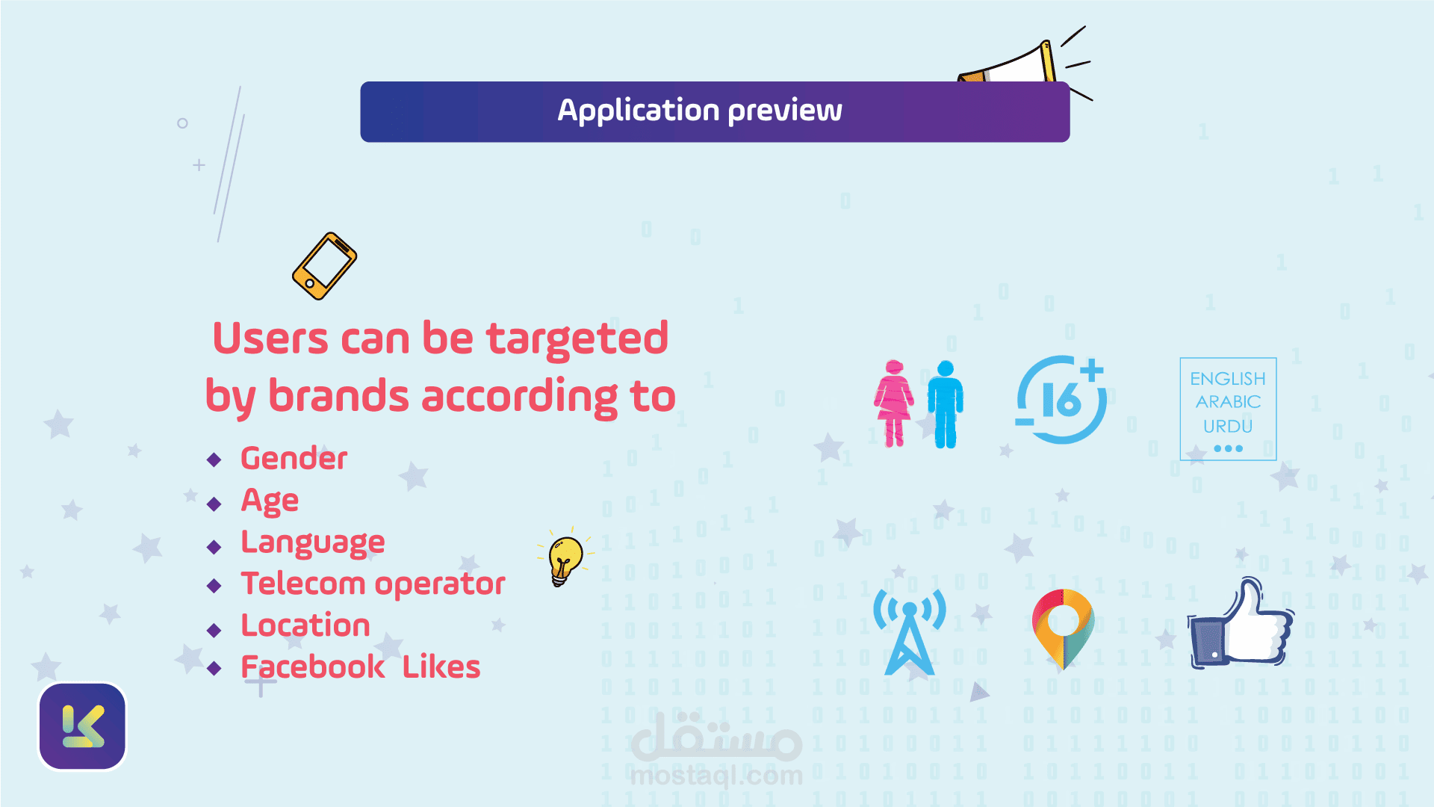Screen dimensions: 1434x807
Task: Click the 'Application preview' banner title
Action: click(x=700, y=111)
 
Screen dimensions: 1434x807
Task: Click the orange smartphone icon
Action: click(x=324, y=266)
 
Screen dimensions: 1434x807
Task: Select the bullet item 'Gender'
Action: click(x=294, y=458)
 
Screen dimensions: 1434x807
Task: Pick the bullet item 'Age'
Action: click(x=270, y=501)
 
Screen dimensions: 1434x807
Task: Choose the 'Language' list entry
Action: click(x=312, y=542)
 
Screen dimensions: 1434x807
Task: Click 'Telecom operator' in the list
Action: click(x=373, y=584)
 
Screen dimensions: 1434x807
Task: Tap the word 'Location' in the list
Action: click(x=305, y=625)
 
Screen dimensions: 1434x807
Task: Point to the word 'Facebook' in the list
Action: click(x=312, y=667)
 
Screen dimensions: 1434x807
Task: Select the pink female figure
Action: click(x=893, y=403)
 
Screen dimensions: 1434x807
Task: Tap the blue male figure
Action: click(x=946, y=404)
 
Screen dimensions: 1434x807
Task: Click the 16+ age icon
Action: click(x=1061, y=400)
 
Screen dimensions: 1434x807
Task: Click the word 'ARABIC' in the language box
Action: click(x=1228, y=402)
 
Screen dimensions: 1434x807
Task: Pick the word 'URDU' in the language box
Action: click(x=1228, y=426)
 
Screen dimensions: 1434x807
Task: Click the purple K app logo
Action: click(x=82, y=726)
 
